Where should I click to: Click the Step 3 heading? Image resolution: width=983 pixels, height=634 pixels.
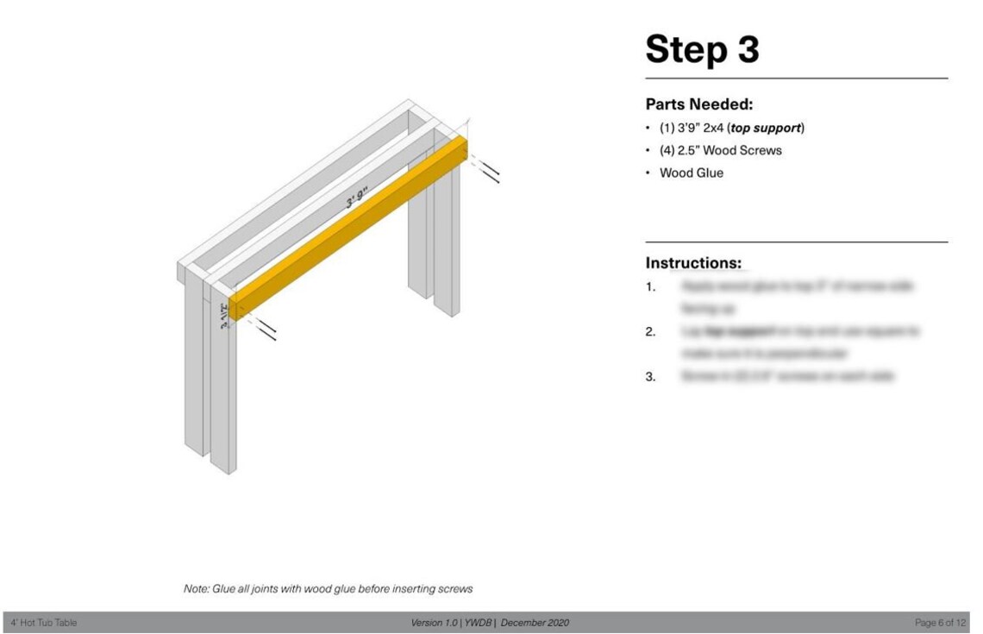(x=702, y=49)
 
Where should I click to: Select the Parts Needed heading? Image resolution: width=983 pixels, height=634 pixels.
(x=699, y=104)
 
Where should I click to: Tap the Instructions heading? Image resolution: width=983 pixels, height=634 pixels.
(x=693, y=263)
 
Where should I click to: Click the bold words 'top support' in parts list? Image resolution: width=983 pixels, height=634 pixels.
(x=766, y=128)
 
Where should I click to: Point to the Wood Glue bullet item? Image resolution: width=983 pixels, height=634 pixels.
(x=691, y=173)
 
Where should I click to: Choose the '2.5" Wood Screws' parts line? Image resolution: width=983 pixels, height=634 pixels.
(x=720, y=150)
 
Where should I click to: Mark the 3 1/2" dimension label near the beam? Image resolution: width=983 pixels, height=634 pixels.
(x=224, y=316)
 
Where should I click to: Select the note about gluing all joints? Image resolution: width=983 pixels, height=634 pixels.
(x=328, y=589)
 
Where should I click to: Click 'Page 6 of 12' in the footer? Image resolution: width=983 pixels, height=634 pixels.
(x=941, y=623)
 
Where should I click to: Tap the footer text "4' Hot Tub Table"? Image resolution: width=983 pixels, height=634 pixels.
(x=44, y=623)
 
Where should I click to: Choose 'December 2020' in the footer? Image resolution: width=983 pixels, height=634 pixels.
(x=535, y=623)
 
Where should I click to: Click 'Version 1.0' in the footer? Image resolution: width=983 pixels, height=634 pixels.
(x=435, y=623)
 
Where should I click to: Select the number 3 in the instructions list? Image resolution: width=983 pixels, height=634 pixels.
(x=650, y=377)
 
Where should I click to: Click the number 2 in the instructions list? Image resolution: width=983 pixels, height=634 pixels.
(x=650, y=332)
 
